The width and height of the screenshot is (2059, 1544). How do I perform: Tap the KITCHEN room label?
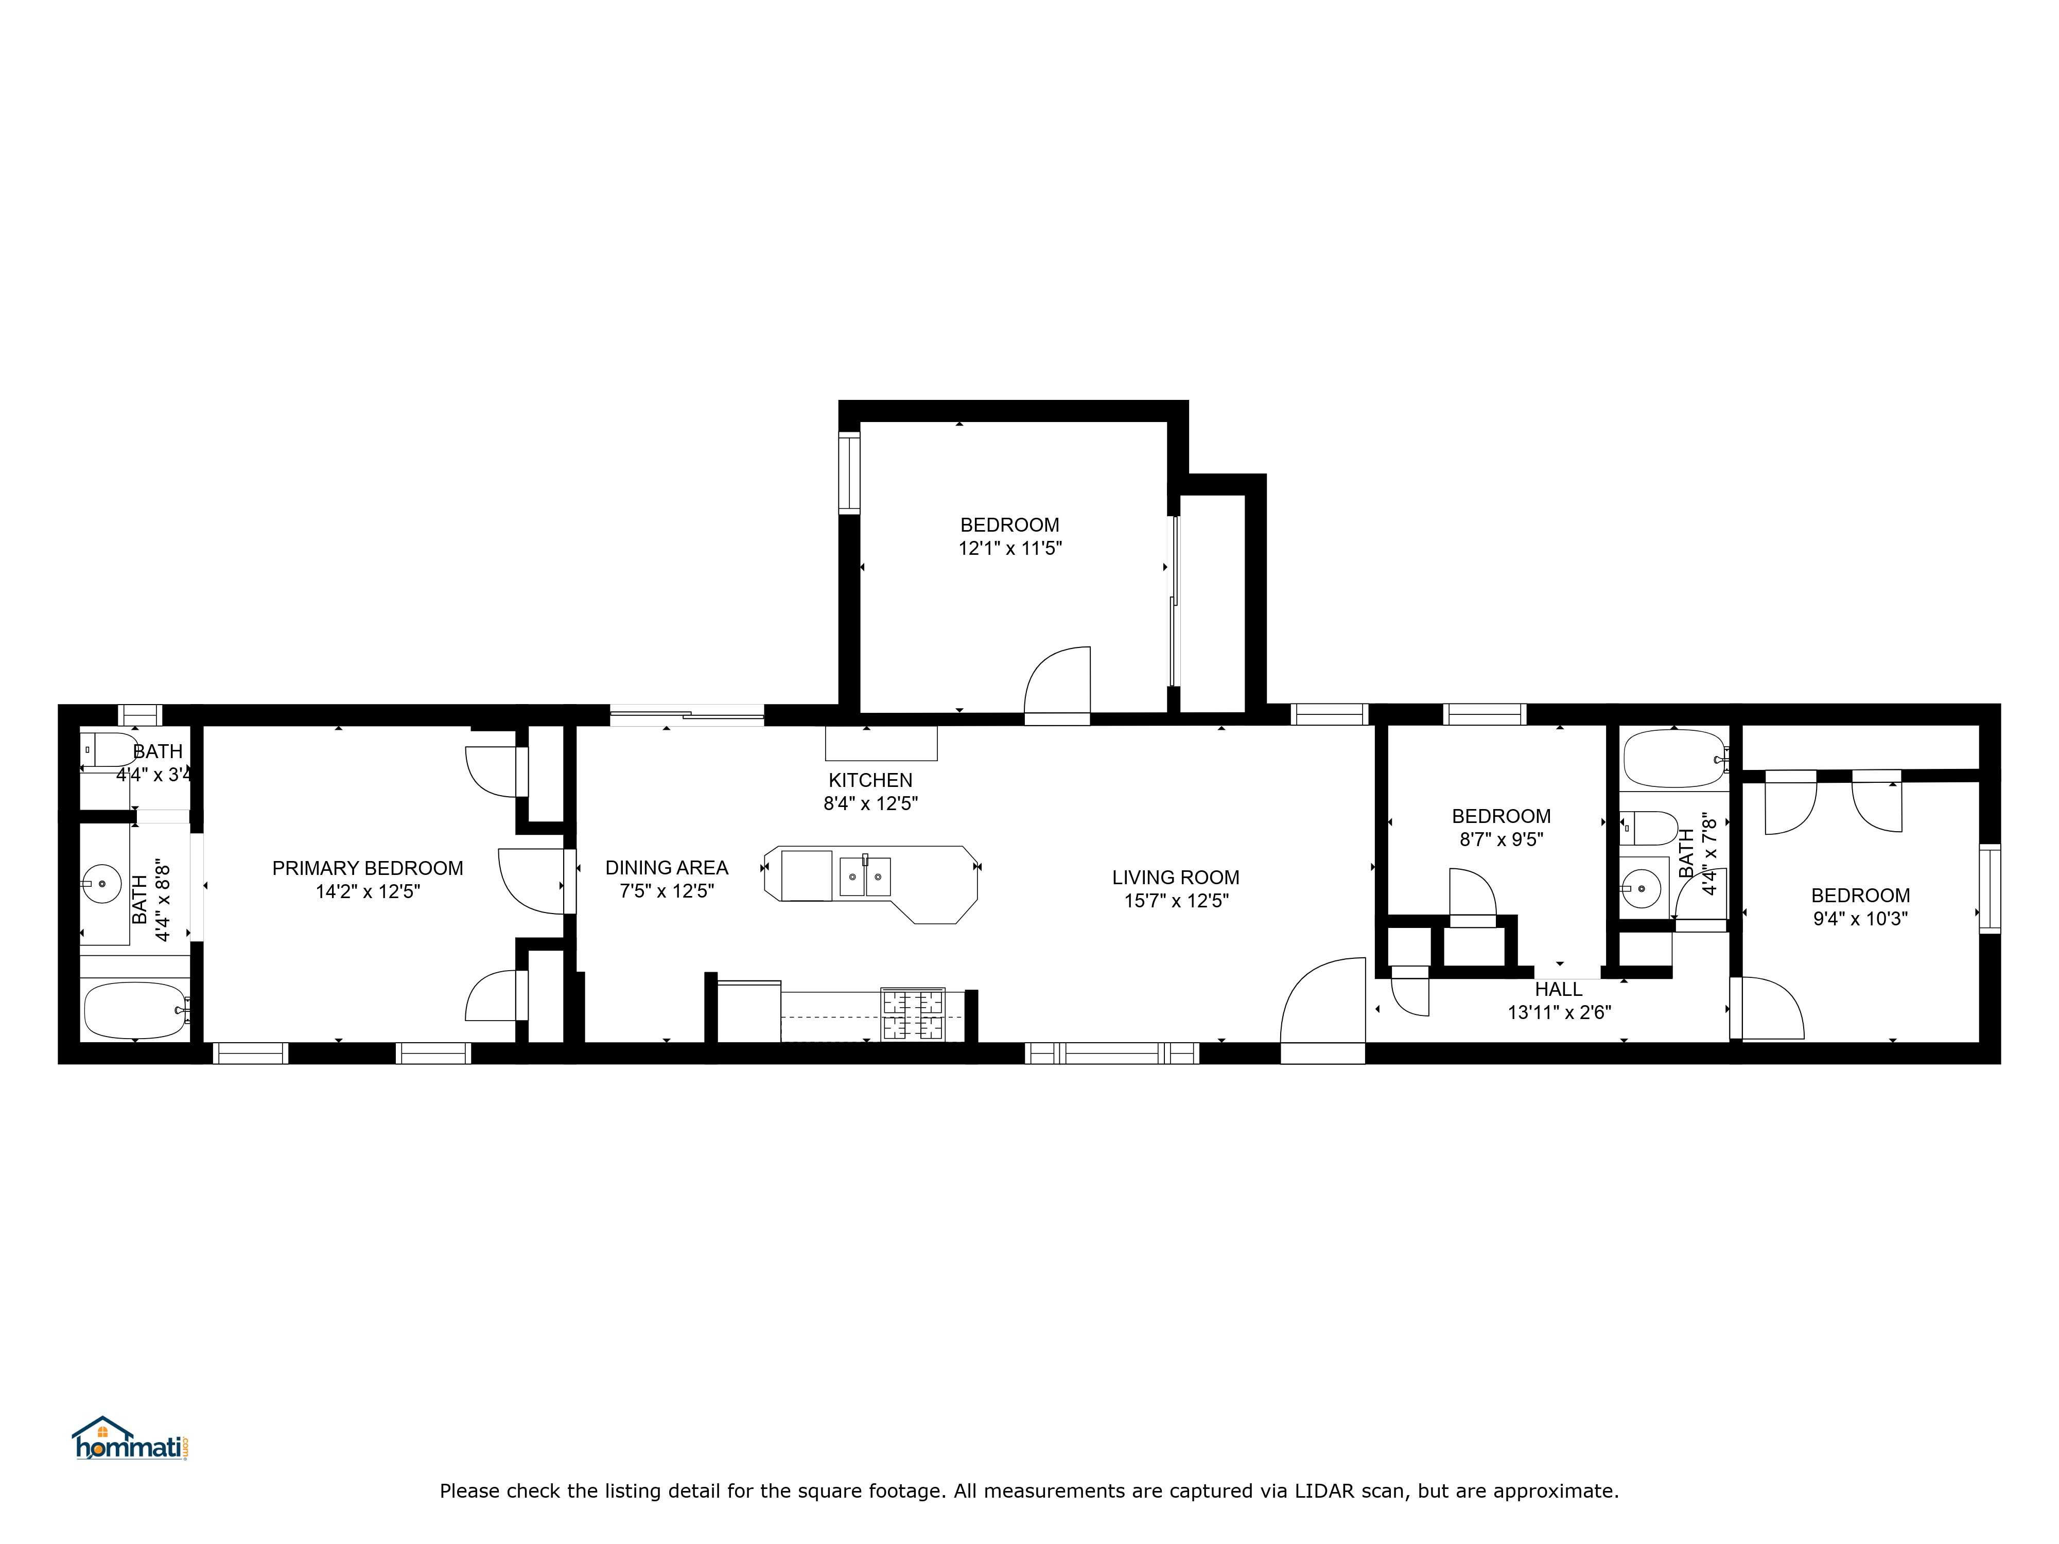[x=870, y=780]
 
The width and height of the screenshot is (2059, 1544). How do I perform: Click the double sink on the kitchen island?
[x=865, y=876]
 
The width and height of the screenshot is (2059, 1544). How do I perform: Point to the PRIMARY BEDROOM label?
[x=368, y=867]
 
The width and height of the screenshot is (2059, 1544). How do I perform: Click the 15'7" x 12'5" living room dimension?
[x=1176, y=900]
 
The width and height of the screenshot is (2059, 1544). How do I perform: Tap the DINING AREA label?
[x=667, y=867]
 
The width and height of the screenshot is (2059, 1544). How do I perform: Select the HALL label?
[x=1558, y=989]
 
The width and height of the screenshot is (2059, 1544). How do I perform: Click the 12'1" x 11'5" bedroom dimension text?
[x=1010, y=548]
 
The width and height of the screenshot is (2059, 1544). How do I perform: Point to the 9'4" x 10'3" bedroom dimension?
[x=1860, y=919]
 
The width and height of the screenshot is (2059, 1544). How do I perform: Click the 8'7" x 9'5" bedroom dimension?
[x=1500, y=839]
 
